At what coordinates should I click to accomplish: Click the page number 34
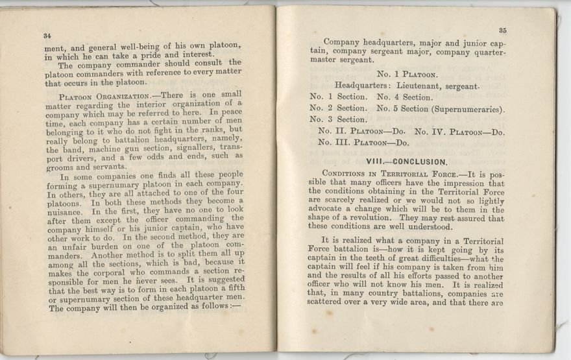tap(47, 35)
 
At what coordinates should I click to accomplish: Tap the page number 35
tap(502, 30)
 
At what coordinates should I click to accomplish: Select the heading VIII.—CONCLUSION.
tap(407, 162)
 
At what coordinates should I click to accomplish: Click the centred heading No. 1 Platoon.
tap(407, 74)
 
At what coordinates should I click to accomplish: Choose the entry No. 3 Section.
tap(337, 119)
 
